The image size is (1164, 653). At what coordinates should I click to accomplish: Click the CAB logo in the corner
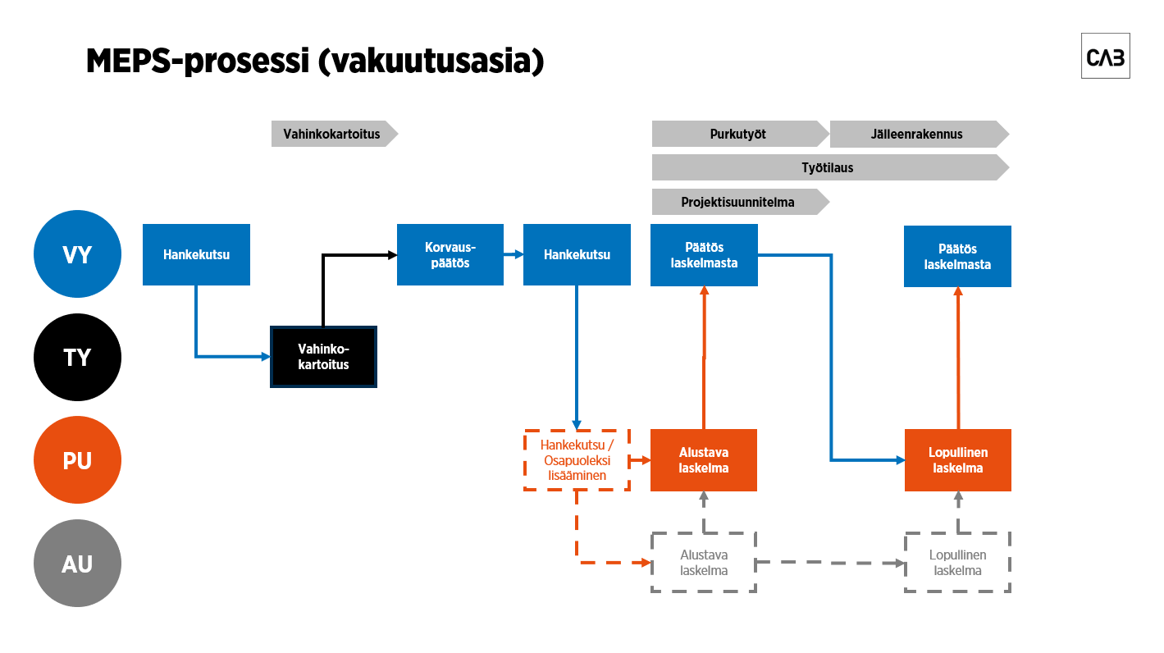click(1105, 57)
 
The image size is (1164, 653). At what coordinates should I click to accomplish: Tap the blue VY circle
click(77, 254)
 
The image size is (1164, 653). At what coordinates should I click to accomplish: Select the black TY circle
click(77, 358)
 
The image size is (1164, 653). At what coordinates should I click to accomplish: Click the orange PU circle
click(77, 460)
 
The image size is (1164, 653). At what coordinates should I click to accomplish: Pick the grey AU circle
click(77, 564)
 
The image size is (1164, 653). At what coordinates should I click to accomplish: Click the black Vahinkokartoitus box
click(323, 357)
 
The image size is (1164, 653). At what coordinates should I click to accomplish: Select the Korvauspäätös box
click(450, 254)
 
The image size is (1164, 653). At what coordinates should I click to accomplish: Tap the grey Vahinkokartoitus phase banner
click(332, 134)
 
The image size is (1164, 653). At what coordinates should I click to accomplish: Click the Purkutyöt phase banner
click(738, 134)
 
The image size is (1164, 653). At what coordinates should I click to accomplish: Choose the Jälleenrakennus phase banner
click(917, 134)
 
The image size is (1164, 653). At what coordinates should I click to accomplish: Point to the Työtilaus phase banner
click(828, 167)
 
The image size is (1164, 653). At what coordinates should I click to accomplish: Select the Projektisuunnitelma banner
click(738, 202)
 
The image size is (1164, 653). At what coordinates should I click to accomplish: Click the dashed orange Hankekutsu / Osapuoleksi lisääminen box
click(577, 460)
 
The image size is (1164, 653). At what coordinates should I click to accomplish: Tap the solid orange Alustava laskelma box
click(704, 460)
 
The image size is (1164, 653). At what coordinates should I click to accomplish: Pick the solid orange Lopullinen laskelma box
click(957, 460)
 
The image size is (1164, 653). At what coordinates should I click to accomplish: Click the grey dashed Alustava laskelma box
click(704, 563)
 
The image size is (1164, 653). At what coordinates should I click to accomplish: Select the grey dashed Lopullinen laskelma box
click(957, 563)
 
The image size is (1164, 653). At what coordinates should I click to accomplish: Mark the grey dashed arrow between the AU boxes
click(828, 563)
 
